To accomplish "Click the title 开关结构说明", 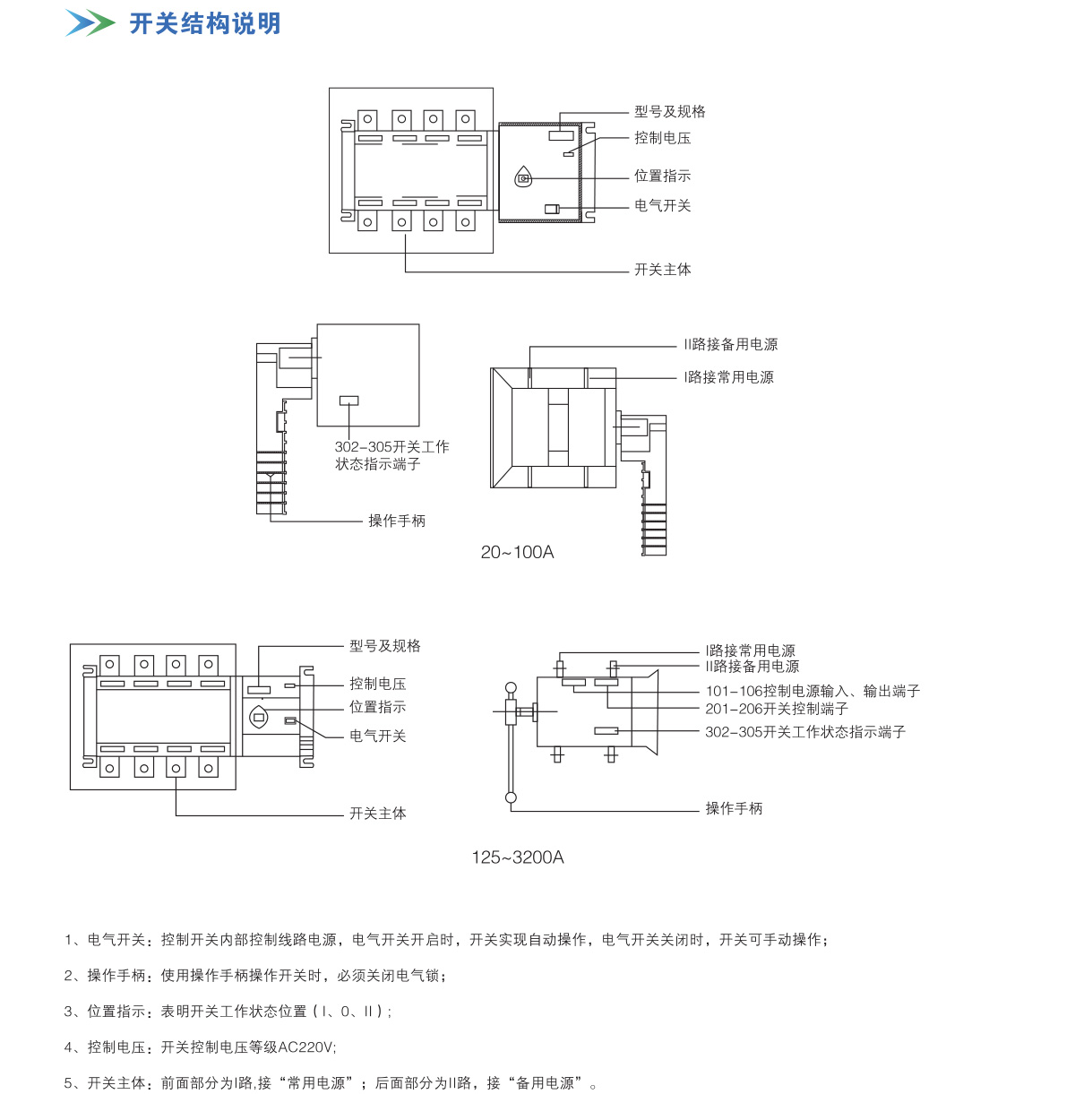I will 205,23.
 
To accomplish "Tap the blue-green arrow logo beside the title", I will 90,23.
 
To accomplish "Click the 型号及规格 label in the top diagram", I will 670,111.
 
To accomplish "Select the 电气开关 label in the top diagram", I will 663,205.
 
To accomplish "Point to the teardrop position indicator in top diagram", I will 524,177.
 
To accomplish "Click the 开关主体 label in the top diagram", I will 663,269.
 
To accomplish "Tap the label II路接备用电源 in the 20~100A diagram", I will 731,344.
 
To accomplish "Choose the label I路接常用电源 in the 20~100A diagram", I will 729,377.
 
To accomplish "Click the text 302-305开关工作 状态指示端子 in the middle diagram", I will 391,455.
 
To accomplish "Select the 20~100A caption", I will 517,552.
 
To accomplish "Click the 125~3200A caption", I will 518,857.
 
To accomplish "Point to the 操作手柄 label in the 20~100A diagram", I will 397,521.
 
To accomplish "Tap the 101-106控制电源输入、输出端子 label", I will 813,691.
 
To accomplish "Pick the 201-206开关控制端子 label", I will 777,708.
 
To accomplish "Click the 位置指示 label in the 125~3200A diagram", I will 378,707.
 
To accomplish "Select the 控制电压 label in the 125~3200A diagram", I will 378,684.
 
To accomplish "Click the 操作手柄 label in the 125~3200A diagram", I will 734,808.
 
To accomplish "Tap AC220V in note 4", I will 306,1047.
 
